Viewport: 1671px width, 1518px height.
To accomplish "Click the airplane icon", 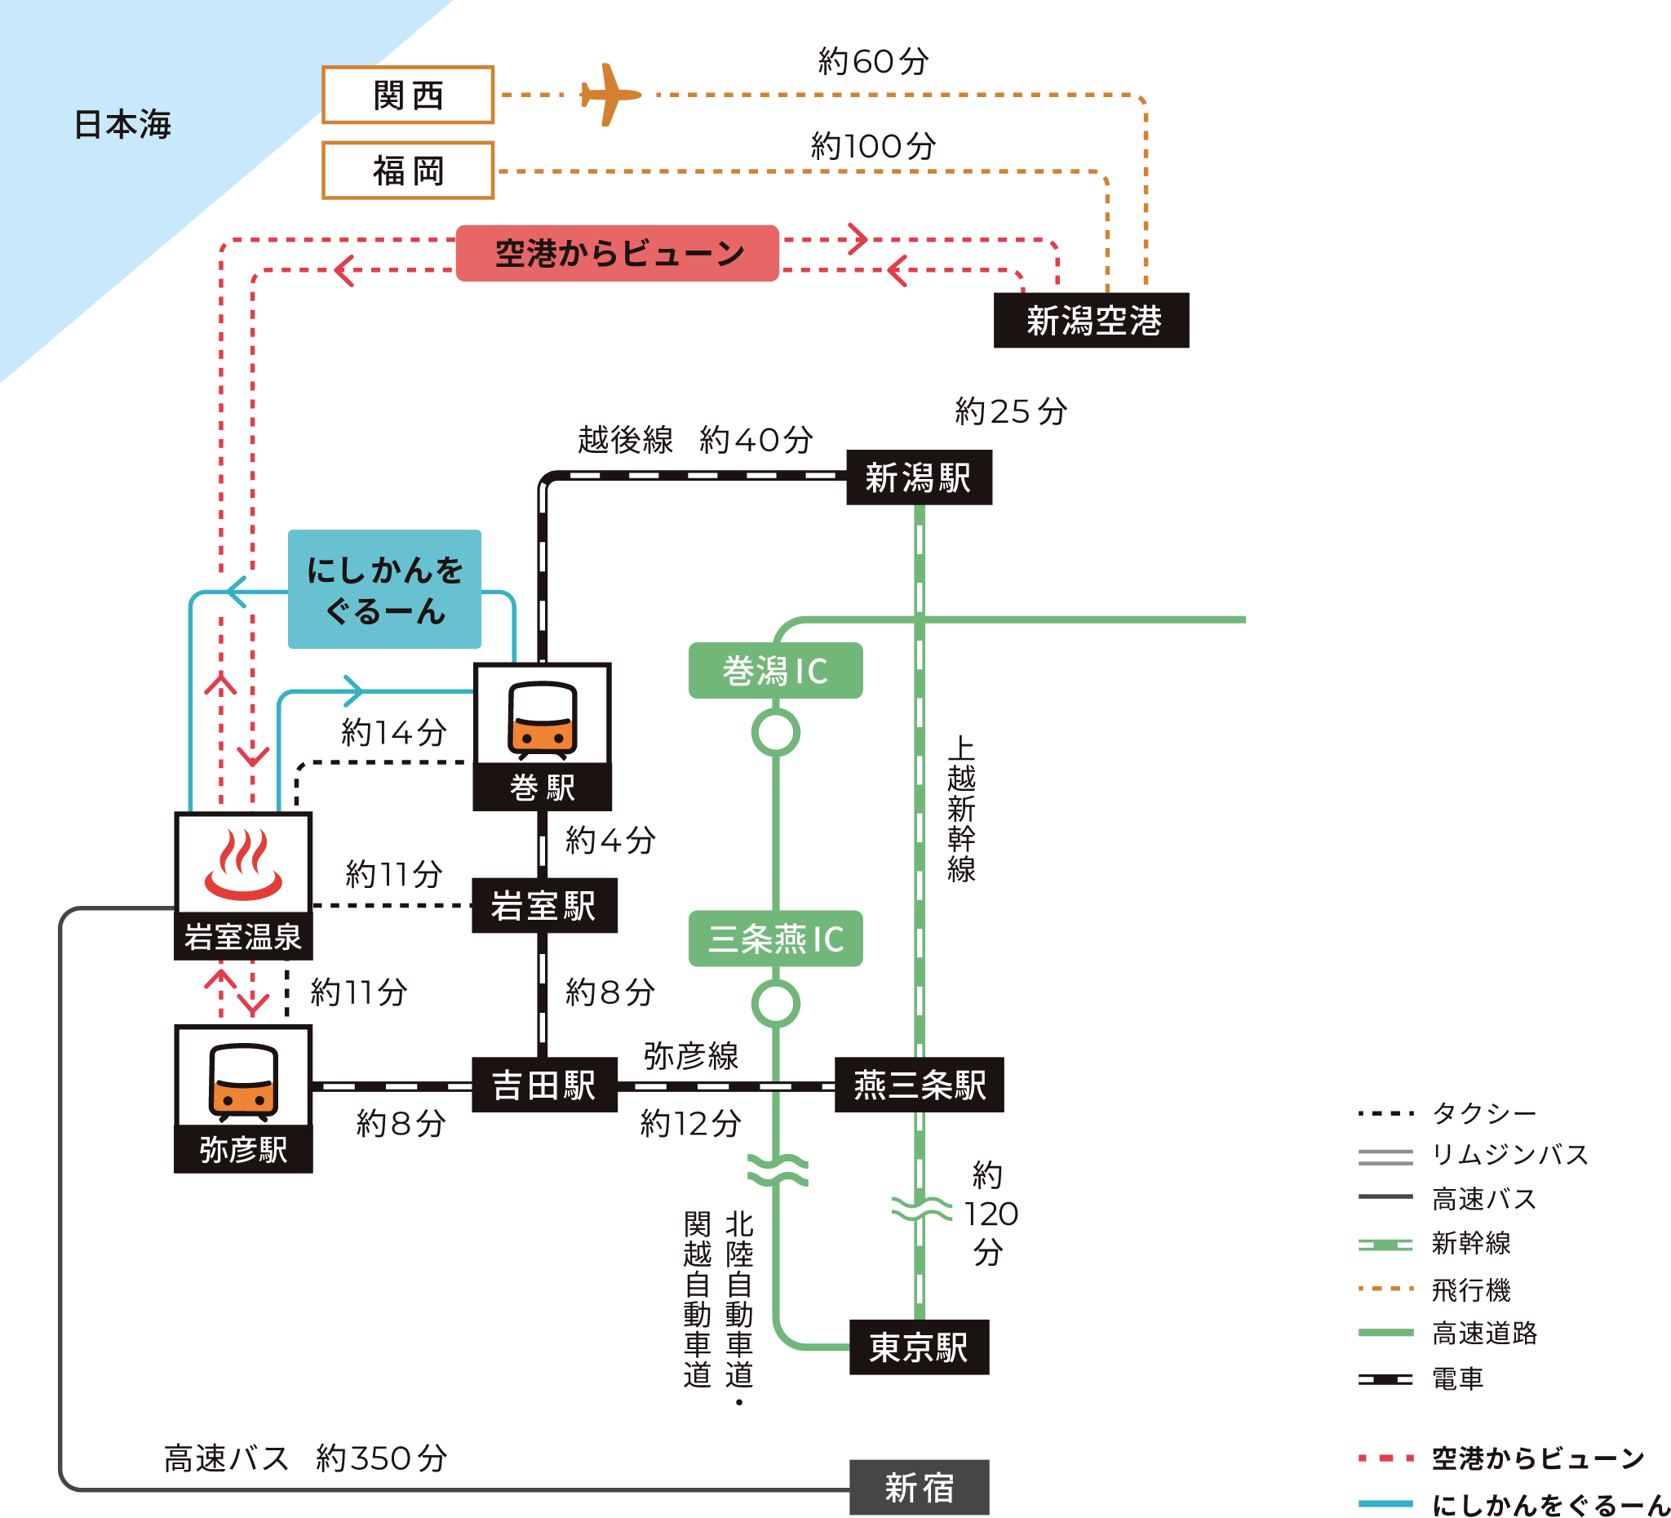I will tap(610, 95).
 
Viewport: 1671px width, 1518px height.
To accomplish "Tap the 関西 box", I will tap(408, 95).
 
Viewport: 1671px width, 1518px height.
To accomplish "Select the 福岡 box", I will tap(408, 171).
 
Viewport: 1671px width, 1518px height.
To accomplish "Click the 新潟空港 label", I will tap(1092, 321).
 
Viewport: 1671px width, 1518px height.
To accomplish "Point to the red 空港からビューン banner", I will tap(618, 253).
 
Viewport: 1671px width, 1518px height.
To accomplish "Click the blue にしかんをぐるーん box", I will tap(384, 589).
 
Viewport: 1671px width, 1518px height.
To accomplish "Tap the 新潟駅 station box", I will tap(919, 477).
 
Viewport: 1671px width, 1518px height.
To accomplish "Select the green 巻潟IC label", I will tap(775, 671).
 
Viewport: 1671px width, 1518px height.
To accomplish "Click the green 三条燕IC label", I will tap(775, 939).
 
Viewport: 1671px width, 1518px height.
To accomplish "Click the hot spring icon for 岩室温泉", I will tap(243, 865).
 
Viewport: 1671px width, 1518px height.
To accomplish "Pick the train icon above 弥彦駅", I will tap(243, 1078).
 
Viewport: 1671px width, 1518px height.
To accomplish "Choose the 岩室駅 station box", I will tap(543, 905).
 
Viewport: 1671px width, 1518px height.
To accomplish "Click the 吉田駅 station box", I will tap(543, 1085).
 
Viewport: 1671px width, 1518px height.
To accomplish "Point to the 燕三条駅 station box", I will tap(920, 1085).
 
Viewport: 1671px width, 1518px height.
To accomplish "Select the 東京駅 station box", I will tap(919, 1347).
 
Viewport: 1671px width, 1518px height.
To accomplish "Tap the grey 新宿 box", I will tap(919, 1487).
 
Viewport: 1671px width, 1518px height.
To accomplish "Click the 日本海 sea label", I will tap(122, 124).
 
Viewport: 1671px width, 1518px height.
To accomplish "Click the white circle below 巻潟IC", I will tap(776, 733).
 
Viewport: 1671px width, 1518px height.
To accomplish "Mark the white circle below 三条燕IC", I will tap(776, 1003).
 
